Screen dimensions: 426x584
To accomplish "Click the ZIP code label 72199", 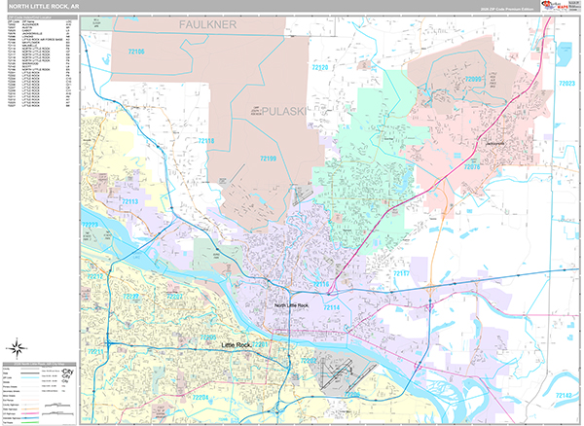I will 269,158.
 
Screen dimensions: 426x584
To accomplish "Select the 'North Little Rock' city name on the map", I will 292,306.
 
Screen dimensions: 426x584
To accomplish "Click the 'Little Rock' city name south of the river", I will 239,345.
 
